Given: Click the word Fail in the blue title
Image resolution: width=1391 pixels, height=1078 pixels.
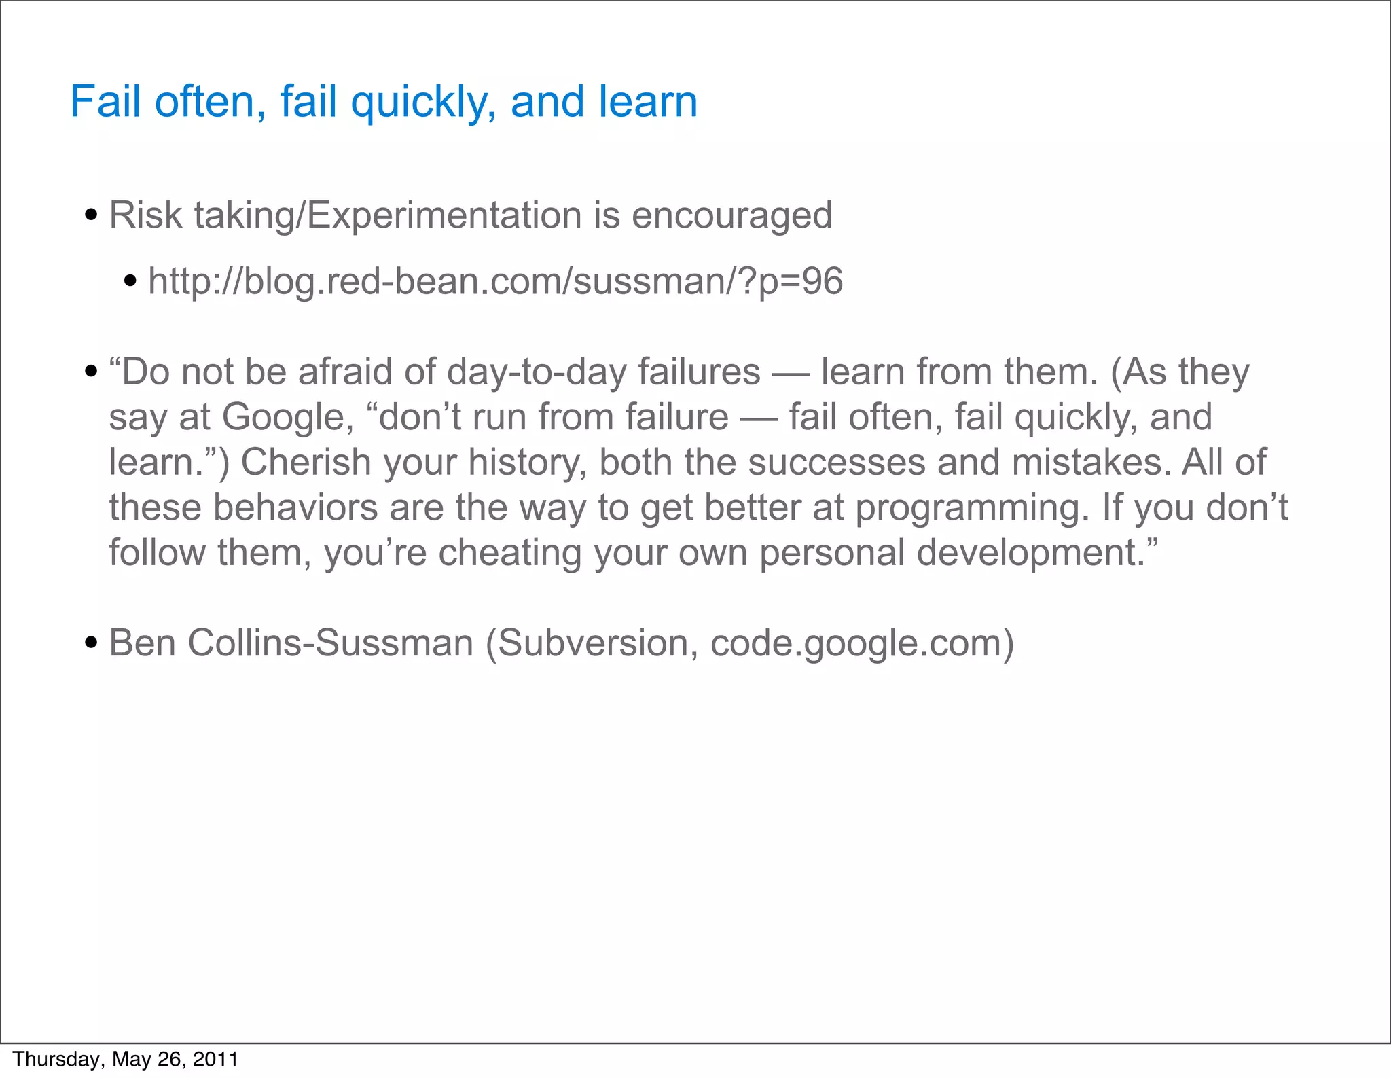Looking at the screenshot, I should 104,102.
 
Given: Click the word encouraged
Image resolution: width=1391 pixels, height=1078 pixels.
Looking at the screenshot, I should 731,217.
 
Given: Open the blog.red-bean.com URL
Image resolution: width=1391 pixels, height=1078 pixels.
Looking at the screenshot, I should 495,282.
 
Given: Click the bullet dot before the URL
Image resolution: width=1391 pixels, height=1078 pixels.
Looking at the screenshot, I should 131,281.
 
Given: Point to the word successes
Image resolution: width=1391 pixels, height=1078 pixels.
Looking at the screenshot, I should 836,462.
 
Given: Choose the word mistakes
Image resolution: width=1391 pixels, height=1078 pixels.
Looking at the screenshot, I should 1091,462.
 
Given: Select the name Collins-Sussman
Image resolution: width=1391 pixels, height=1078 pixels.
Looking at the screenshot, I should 330,643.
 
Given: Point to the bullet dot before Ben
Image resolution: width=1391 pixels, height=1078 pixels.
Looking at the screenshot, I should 91,643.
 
